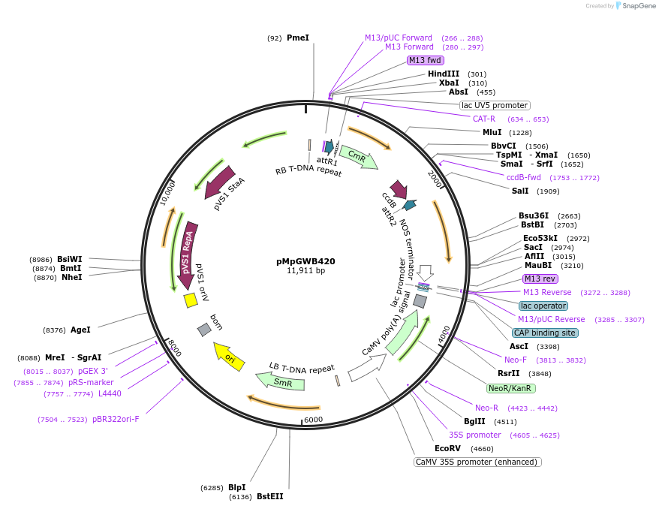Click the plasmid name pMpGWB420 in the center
click(x=305, y=261)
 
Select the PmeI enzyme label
click(x=297, y=38)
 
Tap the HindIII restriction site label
click(x=443, y=74)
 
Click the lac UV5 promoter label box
click(x=494, y=106)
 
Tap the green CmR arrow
click(x=358, y=157)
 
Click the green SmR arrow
click(x=281, y=381)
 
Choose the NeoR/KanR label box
click(x=510, y=388)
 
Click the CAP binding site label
click(x=544, y=333)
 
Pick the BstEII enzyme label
click(x=270, y=496)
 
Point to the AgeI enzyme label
click(x=80, y=330)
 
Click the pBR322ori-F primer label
click(x=116, y=419)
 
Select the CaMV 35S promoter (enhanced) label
click(x=477, y=462)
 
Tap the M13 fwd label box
click(x=424, y=60)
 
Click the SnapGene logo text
click(x=634, y=6)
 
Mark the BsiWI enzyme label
click(x=70, y=259)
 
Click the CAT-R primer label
click(x=483, y=119)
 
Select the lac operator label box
click(x=543, y=306)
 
